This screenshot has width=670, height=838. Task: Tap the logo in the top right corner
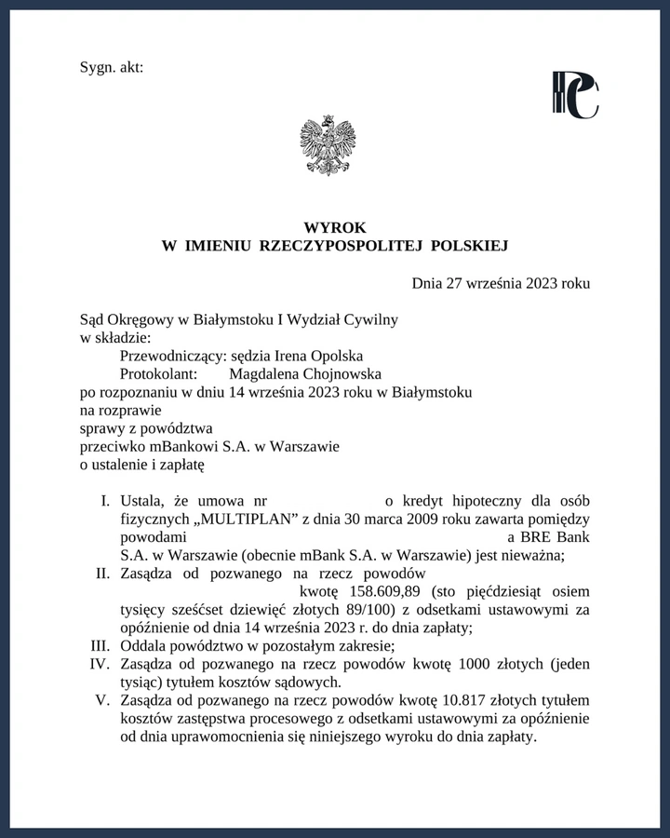click(575, 95)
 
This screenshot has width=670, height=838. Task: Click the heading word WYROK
click(334, 227)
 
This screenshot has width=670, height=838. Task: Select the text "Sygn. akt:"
click(112, 67)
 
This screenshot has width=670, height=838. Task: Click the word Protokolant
click(159, 373)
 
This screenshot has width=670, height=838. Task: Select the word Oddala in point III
click(142, 646)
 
